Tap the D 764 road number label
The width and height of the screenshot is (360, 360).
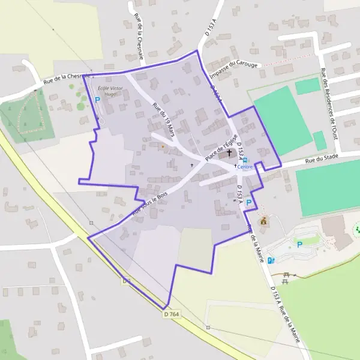point(171,313)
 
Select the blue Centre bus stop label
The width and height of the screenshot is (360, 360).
point(245,167)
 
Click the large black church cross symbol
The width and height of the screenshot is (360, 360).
point(229,154)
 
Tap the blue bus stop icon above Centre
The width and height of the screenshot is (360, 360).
point(245,160)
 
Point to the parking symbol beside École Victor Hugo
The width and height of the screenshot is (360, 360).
point(97,100)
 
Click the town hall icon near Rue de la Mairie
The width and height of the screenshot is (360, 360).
point(263,221)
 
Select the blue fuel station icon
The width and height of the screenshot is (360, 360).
point(271,260)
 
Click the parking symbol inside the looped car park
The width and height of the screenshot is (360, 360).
point(299,244)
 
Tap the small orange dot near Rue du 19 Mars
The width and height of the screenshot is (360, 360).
point(162,146)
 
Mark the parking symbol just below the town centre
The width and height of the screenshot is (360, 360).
point(248,203)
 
